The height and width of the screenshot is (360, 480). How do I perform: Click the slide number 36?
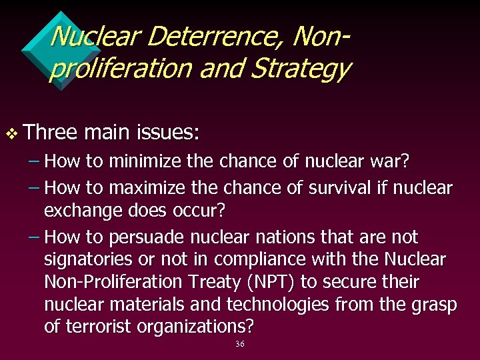[x=240, y=344]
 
